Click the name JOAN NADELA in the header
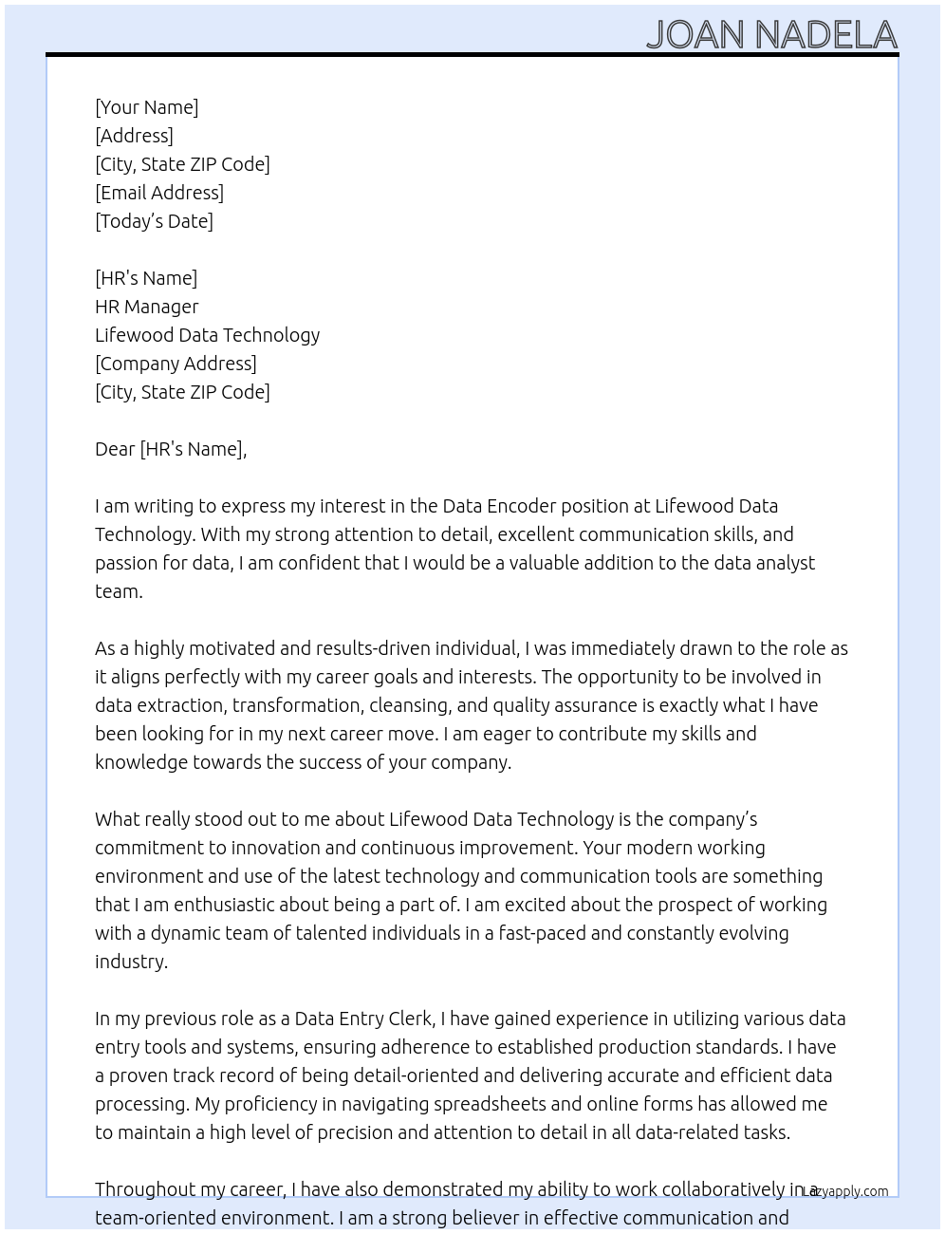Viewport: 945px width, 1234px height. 771,34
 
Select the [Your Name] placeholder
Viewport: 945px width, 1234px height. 146,107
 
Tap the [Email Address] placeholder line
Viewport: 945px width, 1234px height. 159,193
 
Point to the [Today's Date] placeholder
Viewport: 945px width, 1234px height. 154,221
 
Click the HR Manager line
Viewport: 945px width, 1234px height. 147,307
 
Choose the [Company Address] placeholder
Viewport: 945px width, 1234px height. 176,364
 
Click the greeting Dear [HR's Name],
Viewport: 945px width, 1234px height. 171,449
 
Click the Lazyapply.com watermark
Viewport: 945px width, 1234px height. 845,1191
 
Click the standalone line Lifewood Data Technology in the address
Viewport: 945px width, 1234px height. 207,335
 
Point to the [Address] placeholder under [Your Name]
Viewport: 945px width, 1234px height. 134,136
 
